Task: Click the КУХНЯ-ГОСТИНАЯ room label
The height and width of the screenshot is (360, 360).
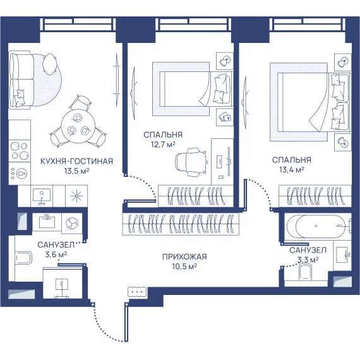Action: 76,161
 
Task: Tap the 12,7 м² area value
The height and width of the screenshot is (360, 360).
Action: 163,145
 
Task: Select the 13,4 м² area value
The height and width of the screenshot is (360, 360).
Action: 292,170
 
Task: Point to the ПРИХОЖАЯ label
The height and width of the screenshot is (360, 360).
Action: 184,256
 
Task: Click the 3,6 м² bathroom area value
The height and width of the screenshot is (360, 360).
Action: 56,255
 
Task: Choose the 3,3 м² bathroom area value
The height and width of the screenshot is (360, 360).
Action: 308,260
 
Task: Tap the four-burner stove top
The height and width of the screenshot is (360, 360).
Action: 20,150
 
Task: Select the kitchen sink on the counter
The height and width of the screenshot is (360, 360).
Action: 42,196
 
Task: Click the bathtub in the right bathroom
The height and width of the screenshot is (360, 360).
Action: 317,226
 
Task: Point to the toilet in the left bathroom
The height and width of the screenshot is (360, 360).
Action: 23,258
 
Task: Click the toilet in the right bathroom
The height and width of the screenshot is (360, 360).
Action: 306,272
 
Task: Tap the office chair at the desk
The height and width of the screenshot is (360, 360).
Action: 190,162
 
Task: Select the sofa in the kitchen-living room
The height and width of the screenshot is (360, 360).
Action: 20,80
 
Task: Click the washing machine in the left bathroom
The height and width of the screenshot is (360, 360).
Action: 72,223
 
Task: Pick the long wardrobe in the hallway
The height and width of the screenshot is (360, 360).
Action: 181,224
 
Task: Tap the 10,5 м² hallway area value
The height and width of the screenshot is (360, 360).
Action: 184,267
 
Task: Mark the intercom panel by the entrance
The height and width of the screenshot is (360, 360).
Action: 137,292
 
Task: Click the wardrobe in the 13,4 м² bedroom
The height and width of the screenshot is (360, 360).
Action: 315,196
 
